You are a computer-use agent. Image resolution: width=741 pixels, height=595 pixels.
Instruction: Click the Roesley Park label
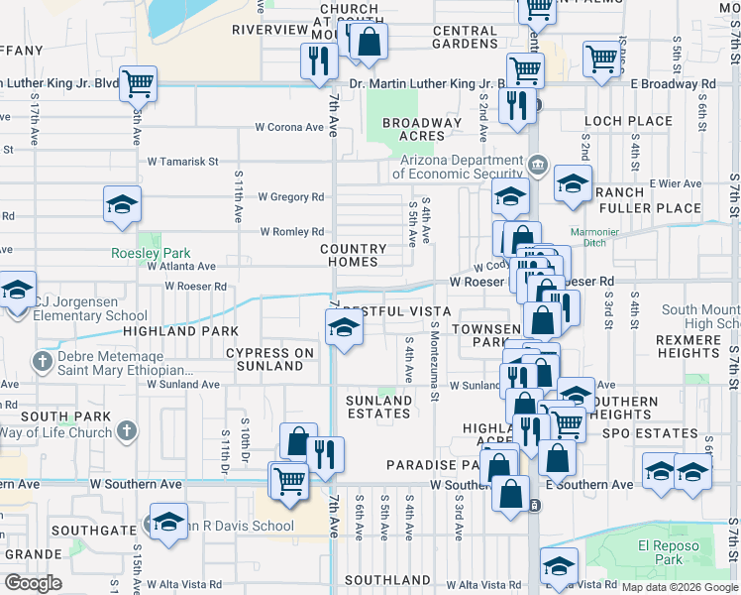point(137,253)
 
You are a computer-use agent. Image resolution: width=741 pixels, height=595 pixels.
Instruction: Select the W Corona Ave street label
point(289,127)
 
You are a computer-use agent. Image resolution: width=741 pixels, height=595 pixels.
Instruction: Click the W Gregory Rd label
point(291,197)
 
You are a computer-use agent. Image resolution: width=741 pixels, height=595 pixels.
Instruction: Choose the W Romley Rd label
point(291,232)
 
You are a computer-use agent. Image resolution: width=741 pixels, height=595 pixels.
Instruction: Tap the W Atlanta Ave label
point(181,266)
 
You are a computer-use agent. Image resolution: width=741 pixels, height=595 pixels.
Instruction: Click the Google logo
point(33,582)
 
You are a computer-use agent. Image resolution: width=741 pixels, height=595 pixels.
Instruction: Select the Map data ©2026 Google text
point(680,587)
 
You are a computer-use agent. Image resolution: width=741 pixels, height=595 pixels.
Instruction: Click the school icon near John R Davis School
point(169,520)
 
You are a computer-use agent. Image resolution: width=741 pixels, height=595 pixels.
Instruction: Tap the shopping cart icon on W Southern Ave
point(288,480)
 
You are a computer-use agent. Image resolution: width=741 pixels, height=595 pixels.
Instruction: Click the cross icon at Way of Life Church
point(126,431)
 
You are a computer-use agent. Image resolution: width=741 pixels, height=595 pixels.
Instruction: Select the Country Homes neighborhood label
point(353,255)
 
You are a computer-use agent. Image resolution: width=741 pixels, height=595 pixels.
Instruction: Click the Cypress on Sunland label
point(269,359)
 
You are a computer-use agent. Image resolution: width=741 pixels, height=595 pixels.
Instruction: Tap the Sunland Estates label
point(378,407)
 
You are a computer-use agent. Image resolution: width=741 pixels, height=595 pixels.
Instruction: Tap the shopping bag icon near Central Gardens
point(369,43)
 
